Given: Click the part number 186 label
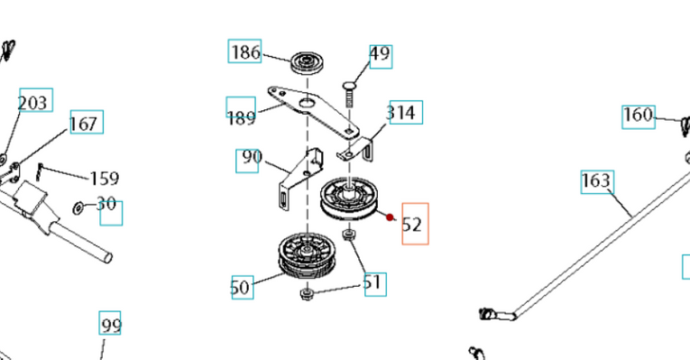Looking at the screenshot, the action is coord(244,52).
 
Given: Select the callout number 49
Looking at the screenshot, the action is coord(380,55).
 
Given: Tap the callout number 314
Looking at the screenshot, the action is coord(402,113).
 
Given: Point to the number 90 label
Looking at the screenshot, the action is coord(250,159).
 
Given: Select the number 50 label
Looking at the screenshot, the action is coord(240,287).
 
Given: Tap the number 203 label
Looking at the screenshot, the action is coord(33,102).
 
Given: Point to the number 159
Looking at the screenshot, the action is coord(104,179).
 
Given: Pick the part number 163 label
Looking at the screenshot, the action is coord(596,181).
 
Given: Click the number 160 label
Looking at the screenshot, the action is coord(638,115).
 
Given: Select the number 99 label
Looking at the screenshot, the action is coord(110,324).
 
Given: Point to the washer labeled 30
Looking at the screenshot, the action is coord(80,208).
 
